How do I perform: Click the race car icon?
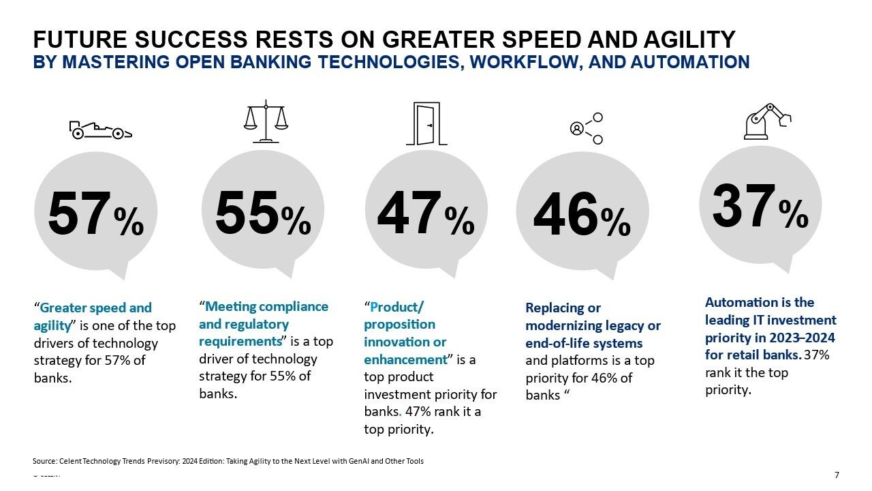(x=100, y=130)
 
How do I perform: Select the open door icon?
(x=426, y=123)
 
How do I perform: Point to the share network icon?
(x=587, y=128)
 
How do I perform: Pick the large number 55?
(x=247, y=212)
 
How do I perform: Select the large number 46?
(x=565, y=214)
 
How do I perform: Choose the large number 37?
(x=743, y=207)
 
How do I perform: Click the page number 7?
(x=837, y=475)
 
